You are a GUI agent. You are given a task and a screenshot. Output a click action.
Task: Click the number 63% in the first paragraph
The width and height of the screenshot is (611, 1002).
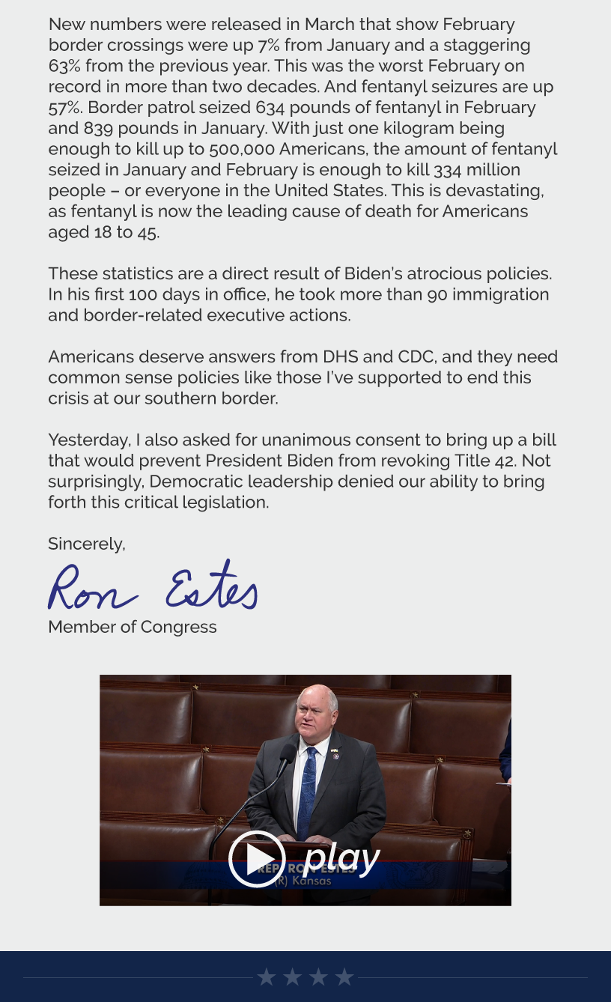64,66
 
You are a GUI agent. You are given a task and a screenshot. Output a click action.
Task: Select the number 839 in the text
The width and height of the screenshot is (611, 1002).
97,128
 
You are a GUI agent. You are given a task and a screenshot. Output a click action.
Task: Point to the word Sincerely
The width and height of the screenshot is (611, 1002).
86,544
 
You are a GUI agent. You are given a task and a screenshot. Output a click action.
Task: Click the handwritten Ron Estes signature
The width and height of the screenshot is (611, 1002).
153,586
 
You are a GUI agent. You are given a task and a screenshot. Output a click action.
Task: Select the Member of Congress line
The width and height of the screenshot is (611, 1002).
132,627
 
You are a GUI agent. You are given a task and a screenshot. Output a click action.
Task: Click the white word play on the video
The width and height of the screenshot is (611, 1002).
342,857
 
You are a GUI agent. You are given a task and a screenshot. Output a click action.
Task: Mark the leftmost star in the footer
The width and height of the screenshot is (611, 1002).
267,977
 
